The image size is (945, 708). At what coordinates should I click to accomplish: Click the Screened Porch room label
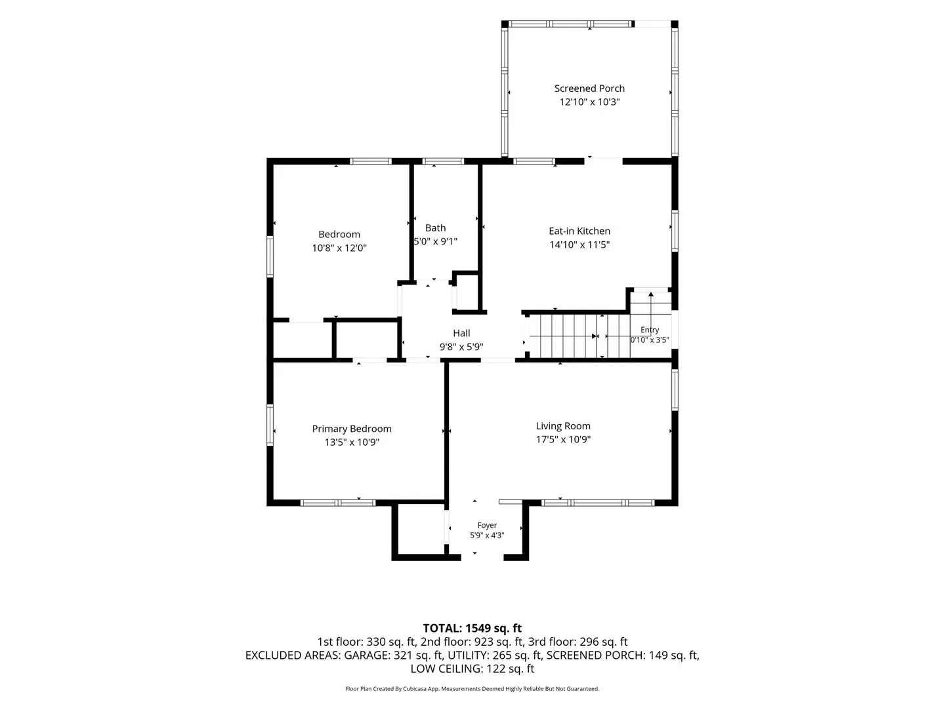pyautogui.click(x=589, y=88)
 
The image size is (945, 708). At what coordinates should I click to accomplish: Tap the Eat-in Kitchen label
pyautogui.click(x=579, y=231)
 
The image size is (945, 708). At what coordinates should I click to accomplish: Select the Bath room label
pyautogui.click(x=435, y=228)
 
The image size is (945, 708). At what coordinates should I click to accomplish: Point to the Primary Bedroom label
pyautogui.click(x=351, y=429)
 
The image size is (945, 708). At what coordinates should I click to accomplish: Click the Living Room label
pyautogui.click(x=562, y=426)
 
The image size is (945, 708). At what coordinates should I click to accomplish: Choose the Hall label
pyautogui.click(x=461, y=333)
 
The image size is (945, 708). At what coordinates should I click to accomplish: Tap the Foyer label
pyautogui.click(x=487, y=525)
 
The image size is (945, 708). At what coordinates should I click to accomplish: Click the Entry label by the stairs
pyautogui.click(x=649, y=330)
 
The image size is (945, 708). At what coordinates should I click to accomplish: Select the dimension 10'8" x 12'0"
pyautogui.click(x=339, y=248)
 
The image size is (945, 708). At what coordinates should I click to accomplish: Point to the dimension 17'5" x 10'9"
pyautogui.click(x=562, y=439)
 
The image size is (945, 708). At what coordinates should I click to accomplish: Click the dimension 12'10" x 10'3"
pyautogui.click(x=589, y=102)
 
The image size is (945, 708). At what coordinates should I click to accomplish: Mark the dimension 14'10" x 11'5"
pyautogui.click(x=579, y=245)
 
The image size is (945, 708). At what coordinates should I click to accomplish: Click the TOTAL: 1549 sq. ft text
pyautogui.click(x=472, y=628)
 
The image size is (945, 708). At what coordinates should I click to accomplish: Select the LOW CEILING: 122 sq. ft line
pyautogui.click(x=472, y=669)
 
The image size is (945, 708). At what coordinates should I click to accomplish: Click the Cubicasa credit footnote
pyautogui.click(x=472, y=688)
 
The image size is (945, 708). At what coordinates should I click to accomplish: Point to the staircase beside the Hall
pyautogui.click(x=579, y=336)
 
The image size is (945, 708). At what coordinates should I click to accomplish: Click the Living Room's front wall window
pyautogui.click(x=598, y=503)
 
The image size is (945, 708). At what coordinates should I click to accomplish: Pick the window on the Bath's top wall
pyautogui.click(x=442, y=162)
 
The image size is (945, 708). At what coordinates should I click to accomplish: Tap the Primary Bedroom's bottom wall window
pyautogui.click(x=338, y=503)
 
